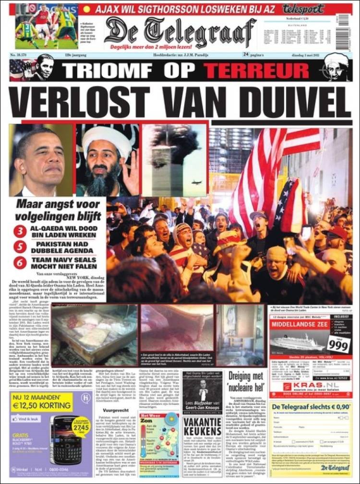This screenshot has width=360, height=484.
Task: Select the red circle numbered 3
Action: pos(20,231)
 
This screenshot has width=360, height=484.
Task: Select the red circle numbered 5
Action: pos(20,247)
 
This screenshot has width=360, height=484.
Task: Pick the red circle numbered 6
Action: pos(20,262)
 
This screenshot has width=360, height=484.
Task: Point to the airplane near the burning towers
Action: pos(196,182)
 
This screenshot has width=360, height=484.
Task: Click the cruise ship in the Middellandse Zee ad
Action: pos(294,343)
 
